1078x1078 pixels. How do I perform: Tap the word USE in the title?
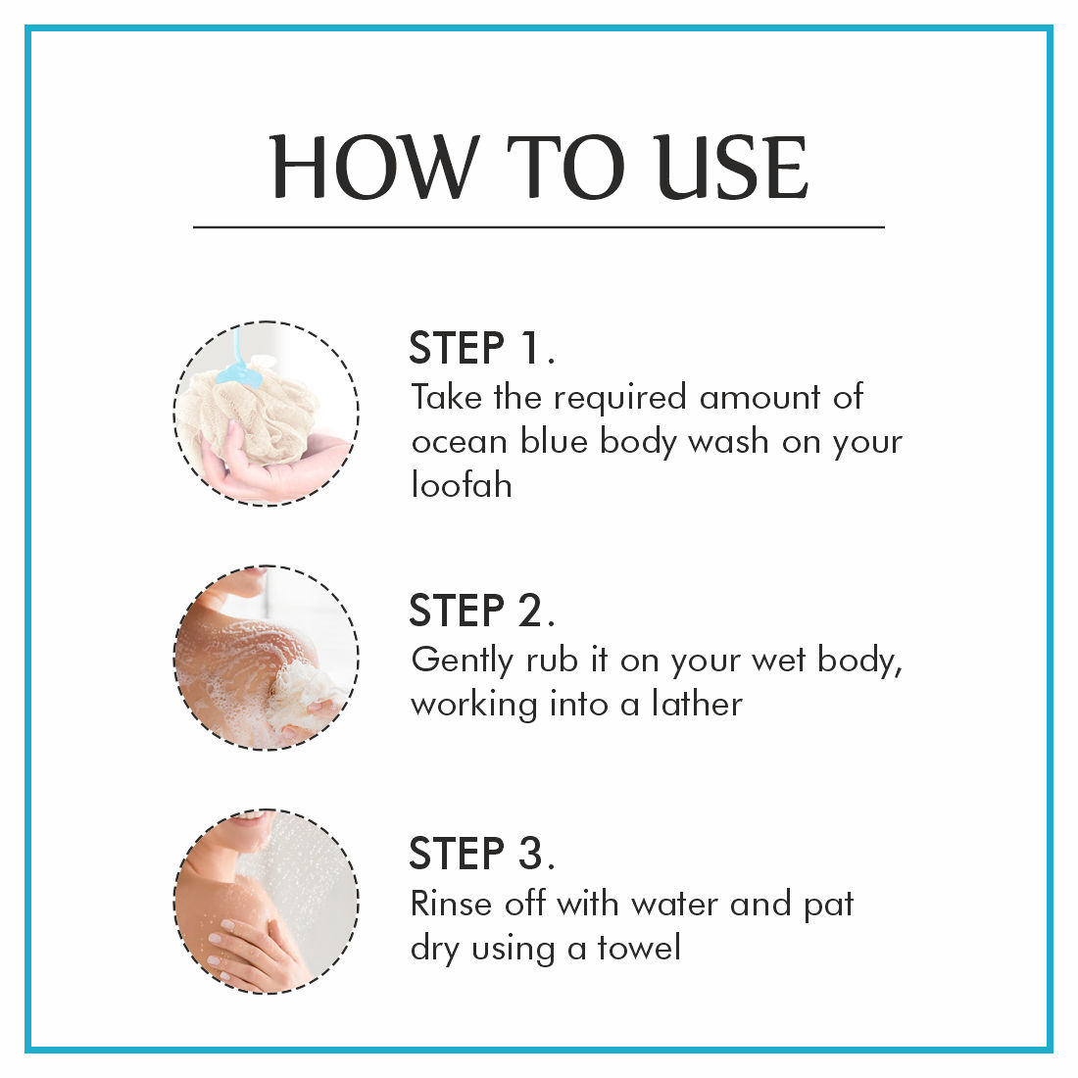(x=730, y=167)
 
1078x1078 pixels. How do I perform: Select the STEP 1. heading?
(x=481, y=348)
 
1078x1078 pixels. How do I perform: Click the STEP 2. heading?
(x=481, y=611)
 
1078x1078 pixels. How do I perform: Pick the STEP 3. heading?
(x=481, y=854)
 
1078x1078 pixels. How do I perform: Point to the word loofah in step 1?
(x=462, y=485)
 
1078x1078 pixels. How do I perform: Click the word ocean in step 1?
(x=460, y=442)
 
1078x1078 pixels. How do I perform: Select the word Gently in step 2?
(x=462, y=661)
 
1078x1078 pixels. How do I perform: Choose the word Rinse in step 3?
(x=452, y=905)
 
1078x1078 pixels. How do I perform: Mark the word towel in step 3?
(x=639, y=948)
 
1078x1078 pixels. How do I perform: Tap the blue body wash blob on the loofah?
(x=238, y=372)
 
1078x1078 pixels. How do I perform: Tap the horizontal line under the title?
(x=538, y=226)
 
